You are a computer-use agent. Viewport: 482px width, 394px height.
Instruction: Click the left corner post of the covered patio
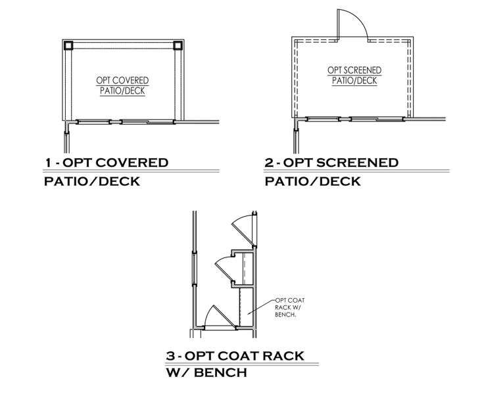click(x=68, y=46)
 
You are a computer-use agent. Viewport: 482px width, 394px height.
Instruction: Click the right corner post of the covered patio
click(x=178, y=46)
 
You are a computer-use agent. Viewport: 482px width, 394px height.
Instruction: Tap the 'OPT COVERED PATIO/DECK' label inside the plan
click(x=122, y=85)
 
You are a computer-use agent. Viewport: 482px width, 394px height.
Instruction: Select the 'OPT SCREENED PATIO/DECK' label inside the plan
click(x=354, y=76)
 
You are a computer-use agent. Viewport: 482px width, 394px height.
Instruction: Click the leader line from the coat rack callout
click(x=261, y=307)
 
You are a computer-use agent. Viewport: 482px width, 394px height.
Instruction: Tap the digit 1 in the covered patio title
click(x=48, y=163)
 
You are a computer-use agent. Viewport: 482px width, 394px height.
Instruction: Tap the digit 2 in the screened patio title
click(x=269, y=163)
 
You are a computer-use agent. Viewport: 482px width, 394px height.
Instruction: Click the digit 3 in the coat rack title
click(x=170, y=356)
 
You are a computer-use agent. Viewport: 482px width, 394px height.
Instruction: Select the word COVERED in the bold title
click(x=132, y=163)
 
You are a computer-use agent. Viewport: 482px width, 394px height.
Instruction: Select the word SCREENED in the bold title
click(x=357, y=163)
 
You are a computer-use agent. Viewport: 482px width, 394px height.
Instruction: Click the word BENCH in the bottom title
click(x=220, y=373)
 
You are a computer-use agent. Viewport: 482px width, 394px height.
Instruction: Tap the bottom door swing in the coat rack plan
click(x=220, y=317)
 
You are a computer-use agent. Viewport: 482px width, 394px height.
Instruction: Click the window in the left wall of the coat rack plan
click(x=194, y=268)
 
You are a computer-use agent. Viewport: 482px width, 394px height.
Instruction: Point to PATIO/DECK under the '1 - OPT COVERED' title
click(x=92, y=181)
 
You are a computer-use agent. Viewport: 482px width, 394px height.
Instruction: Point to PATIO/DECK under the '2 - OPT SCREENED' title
click(x=312, y=181)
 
